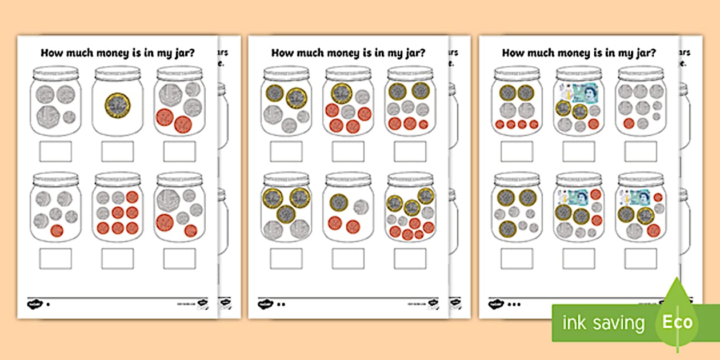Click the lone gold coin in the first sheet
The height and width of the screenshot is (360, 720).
(117, 105)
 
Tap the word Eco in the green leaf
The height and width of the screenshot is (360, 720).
(677, 322)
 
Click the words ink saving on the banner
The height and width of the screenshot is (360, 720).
(603, 323)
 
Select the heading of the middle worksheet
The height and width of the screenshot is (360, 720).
(347, 53)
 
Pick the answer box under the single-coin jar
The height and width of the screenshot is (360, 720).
(117, 151)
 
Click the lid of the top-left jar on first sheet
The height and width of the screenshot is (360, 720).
(55, 73)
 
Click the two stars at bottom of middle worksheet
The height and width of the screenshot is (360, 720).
(281, 305)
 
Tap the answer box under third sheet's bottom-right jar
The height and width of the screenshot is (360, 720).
(641, 258)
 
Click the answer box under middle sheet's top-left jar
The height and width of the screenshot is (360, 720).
(286, 151)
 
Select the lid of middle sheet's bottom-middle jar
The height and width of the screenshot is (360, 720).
(348, 179)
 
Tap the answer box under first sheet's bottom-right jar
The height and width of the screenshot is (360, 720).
(179, 258)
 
